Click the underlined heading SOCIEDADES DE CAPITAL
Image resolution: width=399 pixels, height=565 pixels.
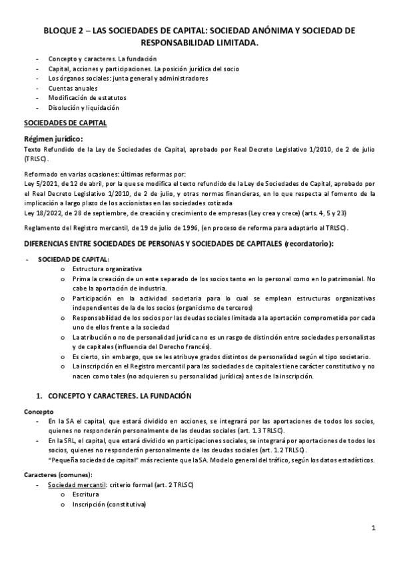point(65,123)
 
